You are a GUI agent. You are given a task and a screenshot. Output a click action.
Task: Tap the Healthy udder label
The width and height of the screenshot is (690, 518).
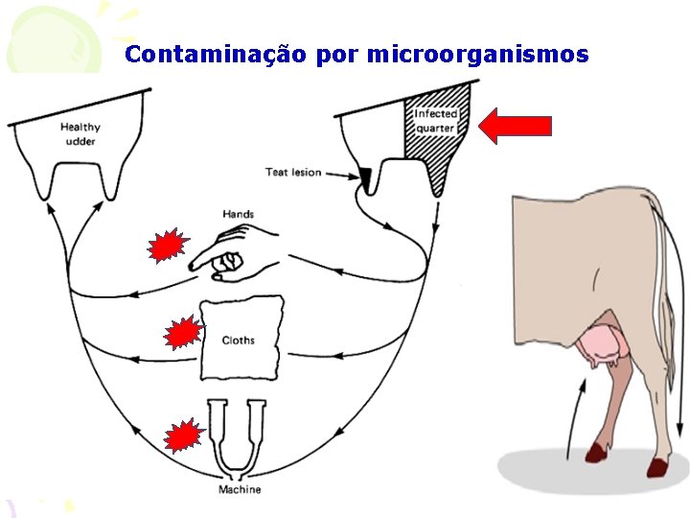coord(80,133)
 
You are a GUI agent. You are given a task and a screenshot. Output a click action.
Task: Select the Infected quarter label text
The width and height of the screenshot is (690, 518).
coord(435,121)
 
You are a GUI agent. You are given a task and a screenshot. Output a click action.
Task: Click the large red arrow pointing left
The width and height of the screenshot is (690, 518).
coord(515,126)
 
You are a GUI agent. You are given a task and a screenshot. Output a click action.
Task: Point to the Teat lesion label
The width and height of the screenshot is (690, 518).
coord(292,173)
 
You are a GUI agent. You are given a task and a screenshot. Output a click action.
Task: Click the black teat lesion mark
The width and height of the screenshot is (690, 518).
coord(365,176)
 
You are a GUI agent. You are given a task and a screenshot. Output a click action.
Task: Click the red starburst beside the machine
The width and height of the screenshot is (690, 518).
coord(182,436)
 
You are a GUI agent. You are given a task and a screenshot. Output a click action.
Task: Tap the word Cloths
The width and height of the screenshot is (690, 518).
coord(239,341)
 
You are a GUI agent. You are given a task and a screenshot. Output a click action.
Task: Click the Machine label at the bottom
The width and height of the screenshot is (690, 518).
coord(239,489)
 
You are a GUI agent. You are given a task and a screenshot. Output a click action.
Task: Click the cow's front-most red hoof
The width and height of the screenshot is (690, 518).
coord(596,451)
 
